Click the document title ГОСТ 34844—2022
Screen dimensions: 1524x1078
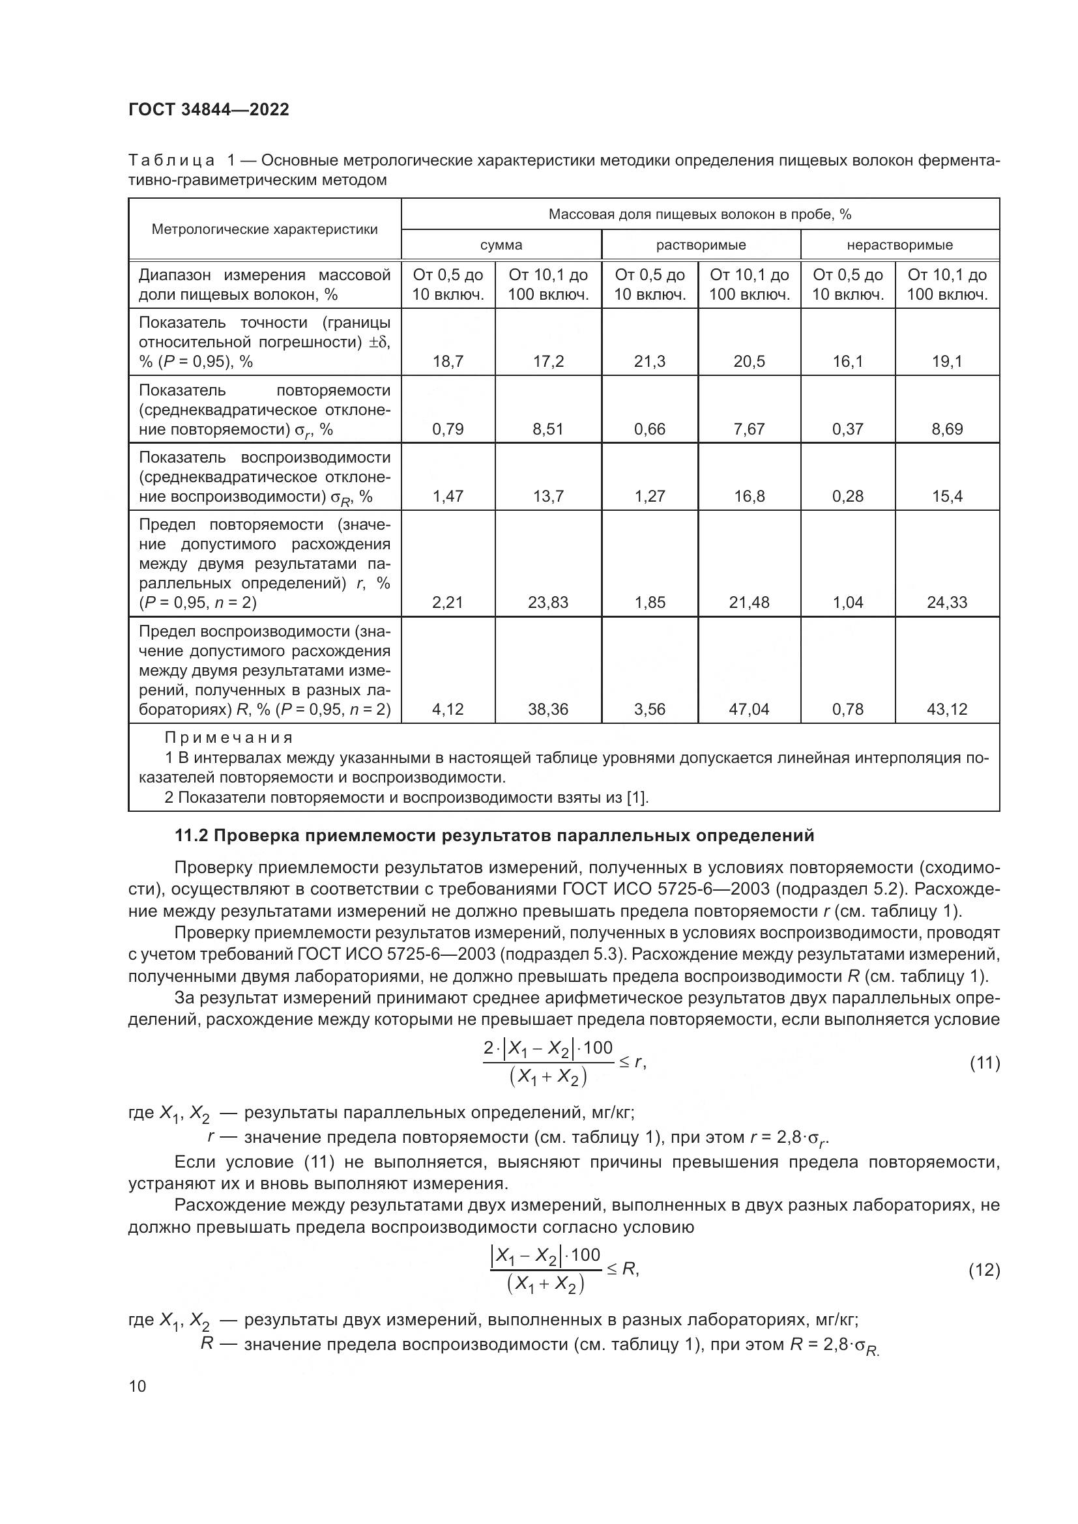209,110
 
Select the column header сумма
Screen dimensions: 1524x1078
501,245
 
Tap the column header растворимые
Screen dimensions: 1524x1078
701,245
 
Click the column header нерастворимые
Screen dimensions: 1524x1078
899,245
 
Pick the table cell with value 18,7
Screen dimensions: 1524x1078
448,361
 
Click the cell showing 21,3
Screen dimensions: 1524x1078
649,361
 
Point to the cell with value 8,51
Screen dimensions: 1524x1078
548,429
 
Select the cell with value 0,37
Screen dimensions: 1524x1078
848,429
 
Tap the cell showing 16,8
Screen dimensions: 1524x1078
749,496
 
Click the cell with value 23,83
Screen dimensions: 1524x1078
548,602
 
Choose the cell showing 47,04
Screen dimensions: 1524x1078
749,709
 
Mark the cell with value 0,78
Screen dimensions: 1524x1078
848,709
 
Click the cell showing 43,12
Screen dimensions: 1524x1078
946,709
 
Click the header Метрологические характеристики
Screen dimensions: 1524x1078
264,229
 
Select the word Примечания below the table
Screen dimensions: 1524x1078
228,738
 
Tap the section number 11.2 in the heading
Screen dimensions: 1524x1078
191,836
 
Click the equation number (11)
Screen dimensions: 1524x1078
984,1063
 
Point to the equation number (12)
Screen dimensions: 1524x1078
984,1270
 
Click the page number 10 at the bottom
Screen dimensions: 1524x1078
138,1386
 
